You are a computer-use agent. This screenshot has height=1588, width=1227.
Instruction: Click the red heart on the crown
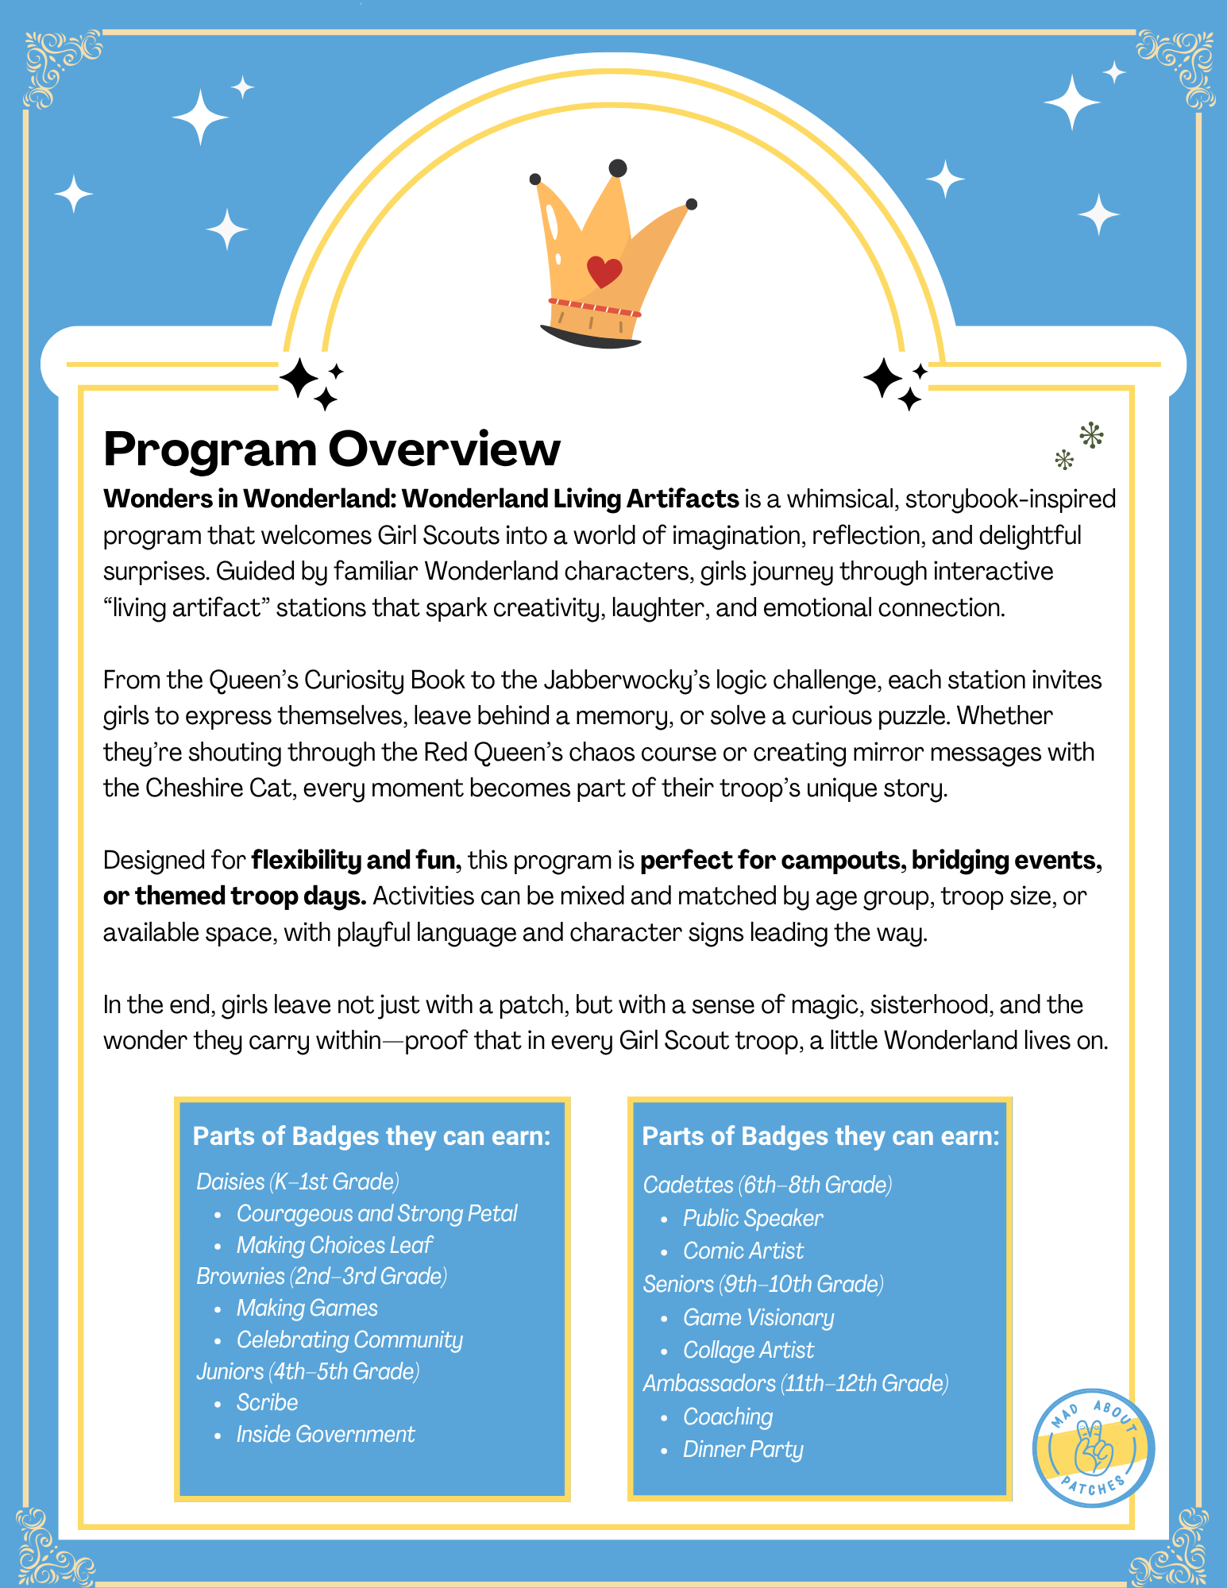point(604,272)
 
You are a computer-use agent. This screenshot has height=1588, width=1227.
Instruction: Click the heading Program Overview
point(332,449)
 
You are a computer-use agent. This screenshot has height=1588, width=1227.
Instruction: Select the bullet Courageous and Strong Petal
point(376,1213)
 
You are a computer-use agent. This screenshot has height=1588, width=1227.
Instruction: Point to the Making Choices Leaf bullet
point(334,1245)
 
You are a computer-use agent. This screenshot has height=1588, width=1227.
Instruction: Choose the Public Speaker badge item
point(752,1218)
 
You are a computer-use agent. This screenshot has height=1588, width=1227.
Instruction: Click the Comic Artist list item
point(743,1251)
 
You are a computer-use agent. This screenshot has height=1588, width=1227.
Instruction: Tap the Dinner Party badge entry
point(743,1449)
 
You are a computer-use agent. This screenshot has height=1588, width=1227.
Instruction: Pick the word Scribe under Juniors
point(267,1402)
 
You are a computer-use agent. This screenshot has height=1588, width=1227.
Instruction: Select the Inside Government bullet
point(325,1434)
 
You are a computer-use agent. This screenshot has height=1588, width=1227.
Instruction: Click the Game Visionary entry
point(758,1317)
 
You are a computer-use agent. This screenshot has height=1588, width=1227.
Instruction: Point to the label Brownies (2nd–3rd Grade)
point(322,1276)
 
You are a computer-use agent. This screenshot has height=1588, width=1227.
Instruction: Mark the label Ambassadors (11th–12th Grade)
point(795,1383)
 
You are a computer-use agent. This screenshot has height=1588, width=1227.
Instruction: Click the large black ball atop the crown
point(617,168)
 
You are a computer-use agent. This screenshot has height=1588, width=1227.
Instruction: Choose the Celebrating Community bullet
point(349,1339)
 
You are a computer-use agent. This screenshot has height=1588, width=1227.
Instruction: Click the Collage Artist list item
point(748,1350)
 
